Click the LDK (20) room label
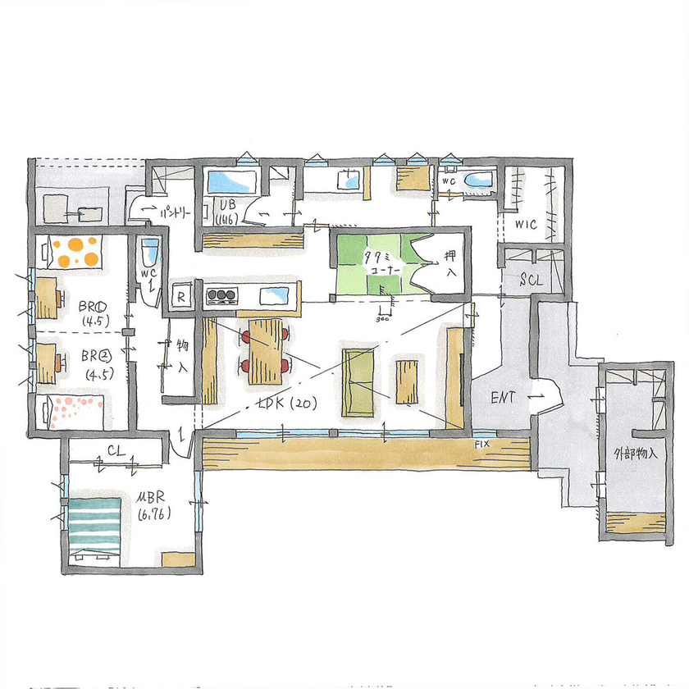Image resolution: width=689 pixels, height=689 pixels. (283, 404)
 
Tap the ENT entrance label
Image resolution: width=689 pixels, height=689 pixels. (503, 398)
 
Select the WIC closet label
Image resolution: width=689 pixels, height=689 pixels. (526, 223)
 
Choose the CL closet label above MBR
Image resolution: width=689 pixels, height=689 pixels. (116, 449)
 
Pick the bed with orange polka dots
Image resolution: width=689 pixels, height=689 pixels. (75, 252)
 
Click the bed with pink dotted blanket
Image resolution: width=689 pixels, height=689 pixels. (74, 410)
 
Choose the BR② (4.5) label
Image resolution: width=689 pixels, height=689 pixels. (97, 363)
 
